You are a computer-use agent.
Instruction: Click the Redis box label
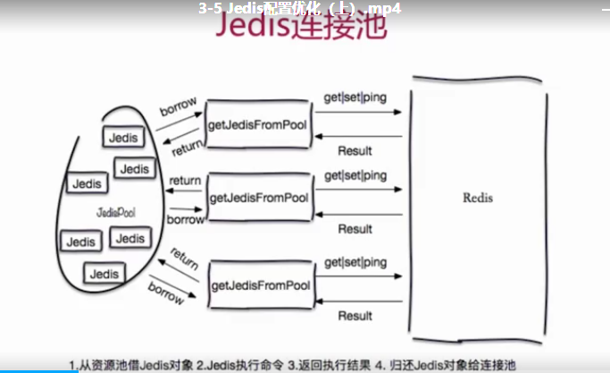479,198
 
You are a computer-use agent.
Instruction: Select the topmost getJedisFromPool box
258,124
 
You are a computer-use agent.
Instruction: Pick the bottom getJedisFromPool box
261,285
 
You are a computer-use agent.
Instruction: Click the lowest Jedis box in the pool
104,273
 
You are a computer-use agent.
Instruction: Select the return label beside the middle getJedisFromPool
185,181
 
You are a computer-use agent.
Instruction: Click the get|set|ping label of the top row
355,97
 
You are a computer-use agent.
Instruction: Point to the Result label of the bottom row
355,316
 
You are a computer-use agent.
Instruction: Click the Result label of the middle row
355,229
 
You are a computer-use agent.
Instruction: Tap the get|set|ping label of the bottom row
355,262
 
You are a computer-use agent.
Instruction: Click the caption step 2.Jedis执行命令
244,364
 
